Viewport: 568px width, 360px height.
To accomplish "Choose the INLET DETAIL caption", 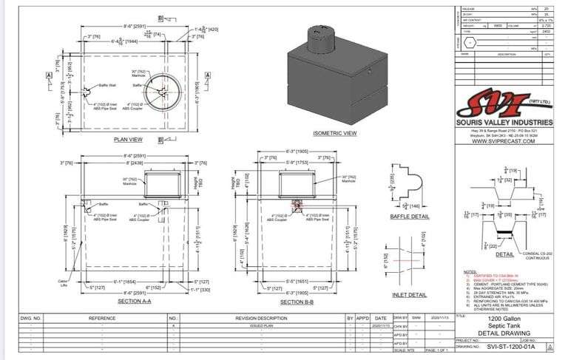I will (409, 295).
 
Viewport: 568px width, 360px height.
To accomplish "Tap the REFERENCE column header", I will (102, 318).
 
